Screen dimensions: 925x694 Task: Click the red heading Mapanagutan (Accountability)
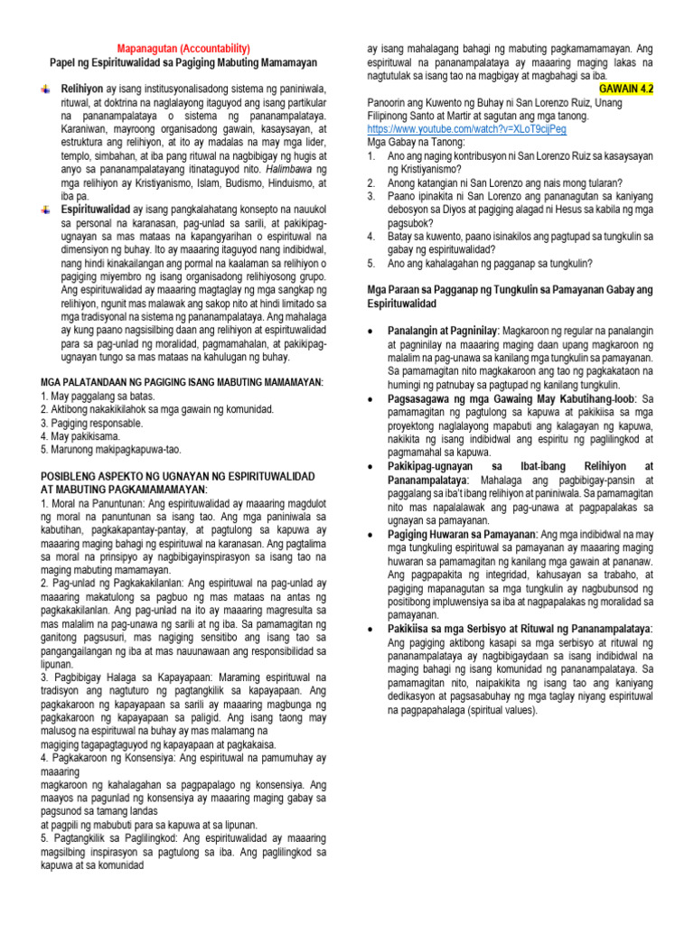click(x=184, y=48)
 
